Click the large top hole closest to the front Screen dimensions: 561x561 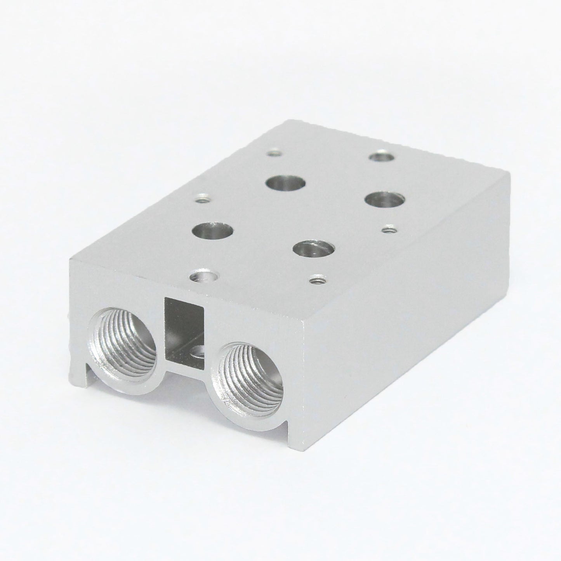tap(314, 248)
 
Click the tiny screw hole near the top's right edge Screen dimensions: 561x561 tap(389, 230)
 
